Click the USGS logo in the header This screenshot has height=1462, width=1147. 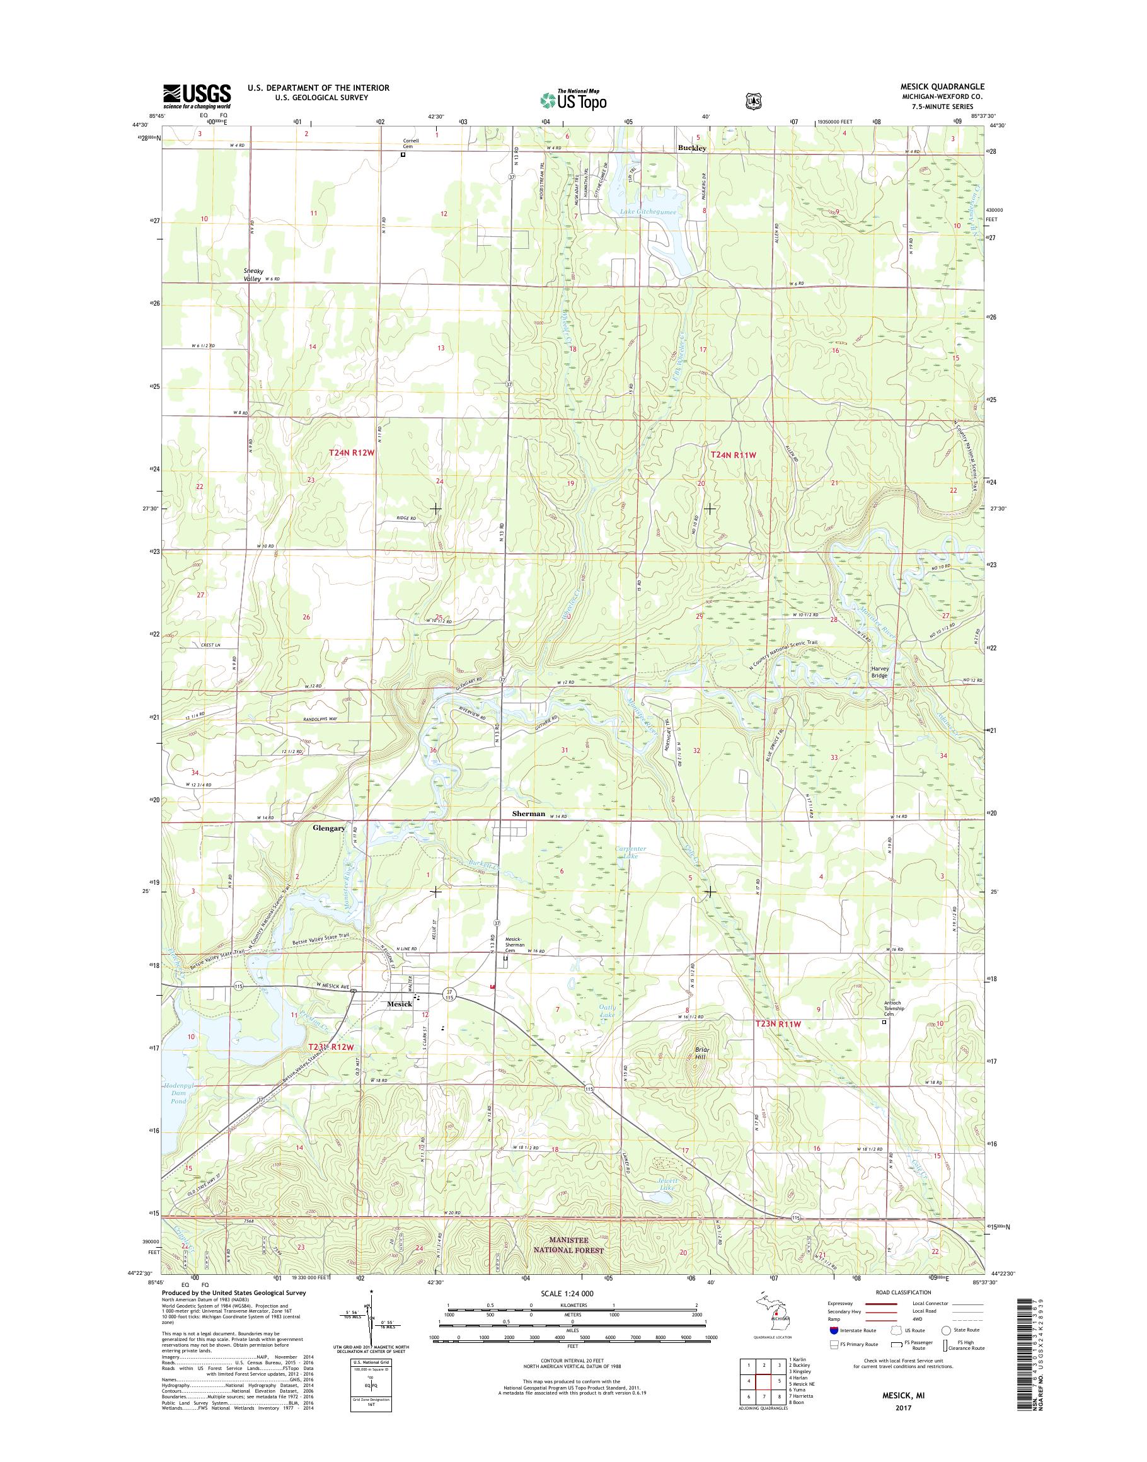pos(197,96)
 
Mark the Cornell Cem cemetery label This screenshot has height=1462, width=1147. pos(410,144)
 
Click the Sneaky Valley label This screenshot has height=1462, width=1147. pos(252,275)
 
